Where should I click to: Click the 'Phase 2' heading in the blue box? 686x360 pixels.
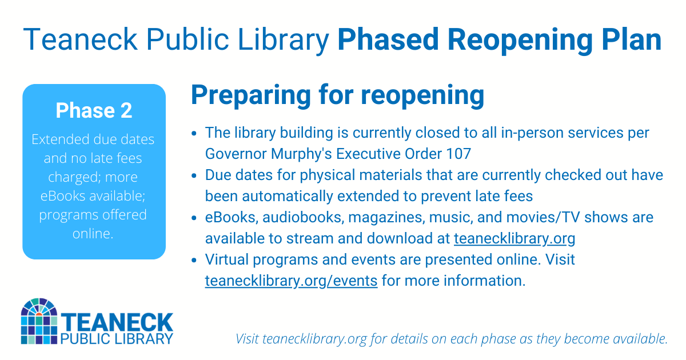(94, 110)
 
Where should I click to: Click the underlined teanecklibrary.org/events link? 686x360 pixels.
(291, 281)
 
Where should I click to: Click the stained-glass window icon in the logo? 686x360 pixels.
(39, 322)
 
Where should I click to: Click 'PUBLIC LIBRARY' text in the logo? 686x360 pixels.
(116, 338)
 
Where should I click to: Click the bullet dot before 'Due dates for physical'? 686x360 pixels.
(194, 175)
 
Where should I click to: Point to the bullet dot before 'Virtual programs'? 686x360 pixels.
(194, 260)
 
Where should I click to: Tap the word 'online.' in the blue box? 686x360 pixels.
(94, 234)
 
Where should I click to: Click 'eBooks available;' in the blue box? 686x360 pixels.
(94, 195)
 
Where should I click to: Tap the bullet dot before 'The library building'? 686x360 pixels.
(194, 133)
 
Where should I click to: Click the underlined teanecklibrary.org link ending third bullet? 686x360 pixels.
(514, 239)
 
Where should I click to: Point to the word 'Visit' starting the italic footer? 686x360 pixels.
(248, 339)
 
